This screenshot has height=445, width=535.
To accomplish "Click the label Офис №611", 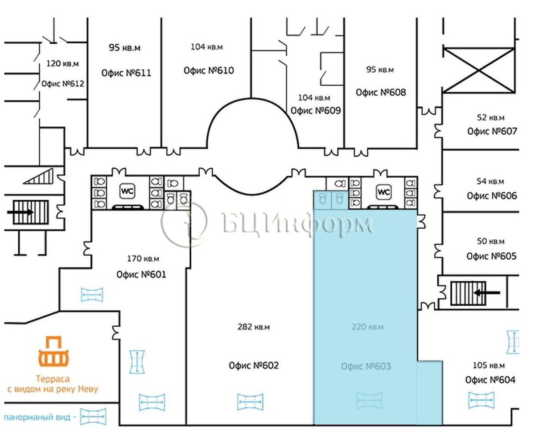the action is coord(126,73).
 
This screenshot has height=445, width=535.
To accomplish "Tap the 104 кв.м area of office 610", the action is coord(206,47).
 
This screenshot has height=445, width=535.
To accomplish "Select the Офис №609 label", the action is coord(316,111).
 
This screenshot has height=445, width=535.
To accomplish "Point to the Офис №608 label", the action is coord(381,92).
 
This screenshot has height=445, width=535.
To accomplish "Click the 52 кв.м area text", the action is coord(490,117).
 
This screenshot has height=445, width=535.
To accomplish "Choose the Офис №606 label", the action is coord(492,196).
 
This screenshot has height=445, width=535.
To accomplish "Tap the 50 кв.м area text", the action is coord(490,241).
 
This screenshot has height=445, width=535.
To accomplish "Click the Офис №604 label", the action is coord(490,380).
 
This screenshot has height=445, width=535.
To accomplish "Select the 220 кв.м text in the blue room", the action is coord(367,327).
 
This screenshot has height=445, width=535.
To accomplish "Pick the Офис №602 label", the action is coord(254,366).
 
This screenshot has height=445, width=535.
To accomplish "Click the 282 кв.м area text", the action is coord(254,327).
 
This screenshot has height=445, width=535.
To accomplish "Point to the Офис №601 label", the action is coord(141,274).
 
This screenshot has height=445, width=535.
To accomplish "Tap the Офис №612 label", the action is coord(63,83).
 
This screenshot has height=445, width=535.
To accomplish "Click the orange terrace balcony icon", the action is coord(53,351).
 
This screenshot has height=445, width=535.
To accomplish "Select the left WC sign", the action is coord(128,191).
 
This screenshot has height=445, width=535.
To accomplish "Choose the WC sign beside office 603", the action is coord(383,192).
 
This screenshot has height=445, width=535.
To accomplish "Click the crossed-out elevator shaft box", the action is coord(479,70).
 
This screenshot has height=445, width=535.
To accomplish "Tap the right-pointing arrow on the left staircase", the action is coord(20,212).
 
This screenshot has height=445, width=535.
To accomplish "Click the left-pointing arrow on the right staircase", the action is coord(487,293).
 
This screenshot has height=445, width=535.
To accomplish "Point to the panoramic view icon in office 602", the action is coord(250,402).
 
